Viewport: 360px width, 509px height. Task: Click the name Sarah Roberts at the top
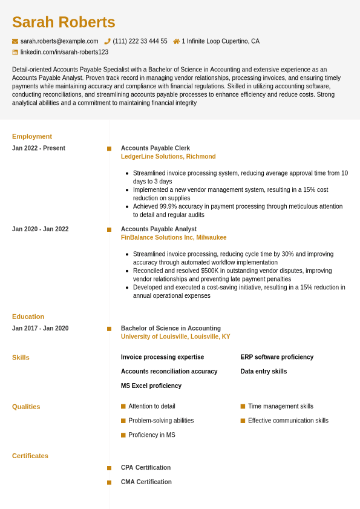pos(64,22)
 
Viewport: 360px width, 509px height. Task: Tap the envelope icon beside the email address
pos(15,41)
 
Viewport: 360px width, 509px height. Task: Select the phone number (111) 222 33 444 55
pos(140,41)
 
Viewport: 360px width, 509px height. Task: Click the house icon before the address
pos(176,41)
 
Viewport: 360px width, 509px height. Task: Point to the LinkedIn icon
pos(15,52)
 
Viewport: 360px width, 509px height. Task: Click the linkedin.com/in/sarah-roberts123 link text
pos(64,52)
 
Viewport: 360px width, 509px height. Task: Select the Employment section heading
pos(32,136)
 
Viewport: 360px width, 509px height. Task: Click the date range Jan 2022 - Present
pos(39,148)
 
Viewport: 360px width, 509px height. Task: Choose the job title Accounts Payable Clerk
pos(155,148)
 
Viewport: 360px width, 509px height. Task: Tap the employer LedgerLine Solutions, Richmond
pos(168,157)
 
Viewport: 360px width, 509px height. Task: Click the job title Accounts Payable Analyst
pos(159,229)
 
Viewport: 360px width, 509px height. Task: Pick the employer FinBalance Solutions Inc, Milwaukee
pos(174,238)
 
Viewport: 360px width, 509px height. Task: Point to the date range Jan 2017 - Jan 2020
pos(41,329)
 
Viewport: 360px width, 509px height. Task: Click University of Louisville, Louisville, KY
pos(175,337)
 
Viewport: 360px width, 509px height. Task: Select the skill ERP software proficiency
pos(277,357)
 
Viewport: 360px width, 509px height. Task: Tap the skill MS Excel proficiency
pos(151,386)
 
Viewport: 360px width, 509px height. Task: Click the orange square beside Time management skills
pos(243,407)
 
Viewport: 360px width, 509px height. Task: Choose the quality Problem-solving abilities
pos(161,421)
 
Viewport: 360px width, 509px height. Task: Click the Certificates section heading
pos(30,456)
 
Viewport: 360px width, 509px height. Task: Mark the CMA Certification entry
pos(146,482)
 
